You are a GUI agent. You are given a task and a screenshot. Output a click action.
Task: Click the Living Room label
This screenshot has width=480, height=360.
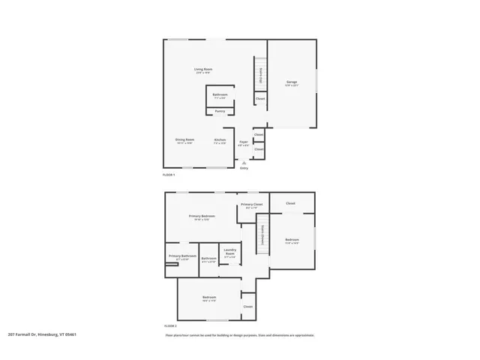pyautogui.click(x=204, y=70)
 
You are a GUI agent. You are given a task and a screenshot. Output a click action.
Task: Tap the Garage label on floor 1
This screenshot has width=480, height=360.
pyautogui.click(x=292, y=82)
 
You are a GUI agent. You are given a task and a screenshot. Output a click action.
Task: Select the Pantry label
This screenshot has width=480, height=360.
pyautogui.click(x=220, y=111)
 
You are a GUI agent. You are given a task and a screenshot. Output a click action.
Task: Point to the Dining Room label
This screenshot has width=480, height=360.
pyautogui.click(x=185, y=141)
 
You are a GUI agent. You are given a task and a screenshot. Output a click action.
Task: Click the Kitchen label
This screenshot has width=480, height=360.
pyautogui.click(x=220, y=141)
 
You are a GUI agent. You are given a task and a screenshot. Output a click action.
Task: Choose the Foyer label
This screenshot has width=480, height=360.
pyautogui.click(x=244, y=142)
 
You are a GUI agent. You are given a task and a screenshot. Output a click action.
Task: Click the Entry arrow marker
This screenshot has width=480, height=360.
pyautogui.click(x=243, y=162)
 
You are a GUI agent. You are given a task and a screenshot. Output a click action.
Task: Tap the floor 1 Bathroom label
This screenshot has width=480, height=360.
pyautogui.click(x=220, y=96)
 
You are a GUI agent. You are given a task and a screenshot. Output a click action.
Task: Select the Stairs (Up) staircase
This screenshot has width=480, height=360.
pyautogui.click(x=259, y=75)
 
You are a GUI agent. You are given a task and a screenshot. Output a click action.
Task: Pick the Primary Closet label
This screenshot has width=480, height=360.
pyautogui.click(x=250, y=205)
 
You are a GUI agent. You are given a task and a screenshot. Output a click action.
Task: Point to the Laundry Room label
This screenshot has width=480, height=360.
pyautogui.click(x=229, y=253)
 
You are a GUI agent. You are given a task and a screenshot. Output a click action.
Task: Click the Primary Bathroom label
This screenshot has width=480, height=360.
pyautogui.click(x=182, y=257)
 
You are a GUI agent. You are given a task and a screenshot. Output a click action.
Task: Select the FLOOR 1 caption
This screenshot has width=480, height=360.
pyautogui.click(x=168, y=175)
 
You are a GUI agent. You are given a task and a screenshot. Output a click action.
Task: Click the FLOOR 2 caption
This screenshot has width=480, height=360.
pyautogui.click(x=169, y=326)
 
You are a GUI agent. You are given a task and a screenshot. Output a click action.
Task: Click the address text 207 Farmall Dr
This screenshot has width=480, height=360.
pyautogui.click(x=43, y=334)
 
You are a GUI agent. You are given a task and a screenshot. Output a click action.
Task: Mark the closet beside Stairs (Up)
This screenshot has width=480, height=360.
pyautogui.click(x=260, y=98)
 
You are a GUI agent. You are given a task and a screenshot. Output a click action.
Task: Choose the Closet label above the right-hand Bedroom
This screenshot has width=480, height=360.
pyautogui.click(x=290, y=203)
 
